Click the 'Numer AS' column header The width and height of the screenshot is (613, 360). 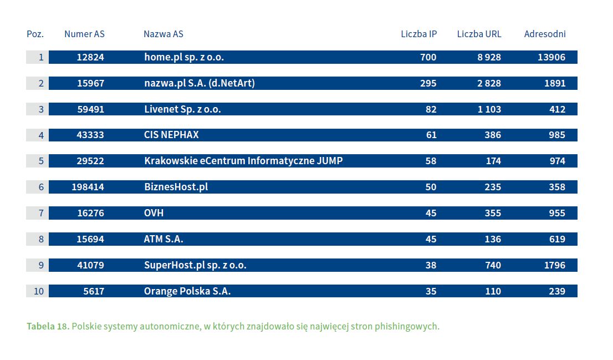click(84, 34)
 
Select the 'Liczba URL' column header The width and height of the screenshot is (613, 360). click(479, 34)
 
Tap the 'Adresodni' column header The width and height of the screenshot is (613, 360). click(545, 34)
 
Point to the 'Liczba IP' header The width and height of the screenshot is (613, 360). click(418, 34)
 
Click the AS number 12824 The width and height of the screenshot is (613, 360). click(90, 57)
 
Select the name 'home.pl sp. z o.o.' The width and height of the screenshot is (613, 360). click(184, 57)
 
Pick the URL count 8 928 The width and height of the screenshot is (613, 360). click(489, 57)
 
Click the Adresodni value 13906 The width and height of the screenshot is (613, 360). click(551, 57)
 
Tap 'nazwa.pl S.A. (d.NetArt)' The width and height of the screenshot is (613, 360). click(200, 83)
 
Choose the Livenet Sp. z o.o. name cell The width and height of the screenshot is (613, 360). click(182, 109)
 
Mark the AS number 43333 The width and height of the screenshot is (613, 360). click(90, 135)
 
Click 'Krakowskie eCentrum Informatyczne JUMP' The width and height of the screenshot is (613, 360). click(243, 161)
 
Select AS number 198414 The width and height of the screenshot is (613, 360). click(88, 187)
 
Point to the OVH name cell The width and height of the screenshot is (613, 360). click(154, 213)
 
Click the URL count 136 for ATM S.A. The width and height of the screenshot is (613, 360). click(493, 239)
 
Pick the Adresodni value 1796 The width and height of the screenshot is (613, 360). click(554, 265)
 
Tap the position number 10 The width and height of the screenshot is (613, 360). click(38, 291)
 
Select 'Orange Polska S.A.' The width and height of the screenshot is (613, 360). click(187, 291)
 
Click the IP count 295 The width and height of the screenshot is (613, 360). click(428, 83)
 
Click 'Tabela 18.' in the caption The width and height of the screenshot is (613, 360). click(48, 326)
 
